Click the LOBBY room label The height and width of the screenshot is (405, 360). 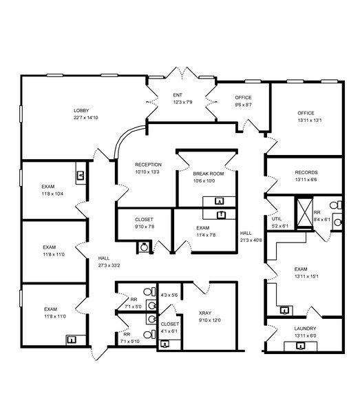pos(81,110)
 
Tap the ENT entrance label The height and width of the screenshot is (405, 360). pos(178,95)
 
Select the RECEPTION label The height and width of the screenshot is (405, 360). pos(149,165)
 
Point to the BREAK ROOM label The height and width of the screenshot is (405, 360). pos(209,174)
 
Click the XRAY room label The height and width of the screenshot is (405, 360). pos(205,313)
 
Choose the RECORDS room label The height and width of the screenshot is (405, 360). pos(306,172)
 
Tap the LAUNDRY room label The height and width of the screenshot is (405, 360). pos(305,329)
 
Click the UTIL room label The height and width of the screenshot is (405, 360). pos(277,219)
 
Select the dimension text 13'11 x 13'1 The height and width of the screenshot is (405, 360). pos(310,120)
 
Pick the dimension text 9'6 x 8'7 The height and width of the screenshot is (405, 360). pos(244,105)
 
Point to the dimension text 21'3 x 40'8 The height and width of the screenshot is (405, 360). pos(251,240)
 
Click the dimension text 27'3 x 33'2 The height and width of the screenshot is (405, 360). pos(109,265)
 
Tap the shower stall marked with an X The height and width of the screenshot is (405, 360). pos(304,213)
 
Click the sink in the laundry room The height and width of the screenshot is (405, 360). pos(300,346)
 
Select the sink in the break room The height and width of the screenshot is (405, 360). pos(220,201)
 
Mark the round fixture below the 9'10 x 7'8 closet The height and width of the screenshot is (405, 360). pos(144,247)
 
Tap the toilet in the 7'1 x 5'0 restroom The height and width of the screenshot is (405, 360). pos(149,292)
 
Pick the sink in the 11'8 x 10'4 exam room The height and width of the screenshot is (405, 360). pos(81,176)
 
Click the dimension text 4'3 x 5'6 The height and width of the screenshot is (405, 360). pos(169,295)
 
